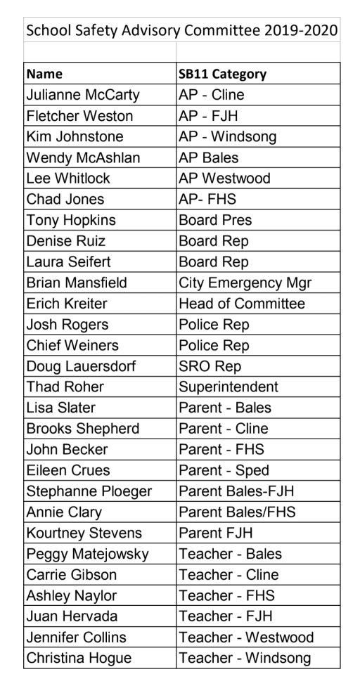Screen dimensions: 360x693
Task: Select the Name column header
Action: click(x=44, y=74)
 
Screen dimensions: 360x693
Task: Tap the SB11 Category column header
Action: click(x=223, y=74)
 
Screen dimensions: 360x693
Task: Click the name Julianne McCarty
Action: click(x=82, y=95)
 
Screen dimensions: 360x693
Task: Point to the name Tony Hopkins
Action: click(x=70, y=220)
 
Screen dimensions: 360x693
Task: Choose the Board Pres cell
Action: click(x=215, y=220)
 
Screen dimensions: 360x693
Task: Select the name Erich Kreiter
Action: click(x=67, y=304)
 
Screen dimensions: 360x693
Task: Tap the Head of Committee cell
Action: click(x=243, y=304)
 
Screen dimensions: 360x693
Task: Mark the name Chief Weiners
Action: click(x=72, y=345)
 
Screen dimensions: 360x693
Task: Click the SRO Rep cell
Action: click(x=210, y=366)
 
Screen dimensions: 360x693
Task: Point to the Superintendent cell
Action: click(x=229, y=387)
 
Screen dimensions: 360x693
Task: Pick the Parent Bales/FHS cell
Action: click(x=237, y=512)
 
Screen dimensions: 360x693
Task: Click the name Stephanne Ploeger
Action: click(x=89, y=491)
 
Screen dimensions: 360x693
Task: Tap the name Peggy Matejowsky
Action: click(x=87, y=554)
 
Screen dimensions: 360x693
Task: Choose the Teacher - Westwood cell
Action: click(x=246, y=637)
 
